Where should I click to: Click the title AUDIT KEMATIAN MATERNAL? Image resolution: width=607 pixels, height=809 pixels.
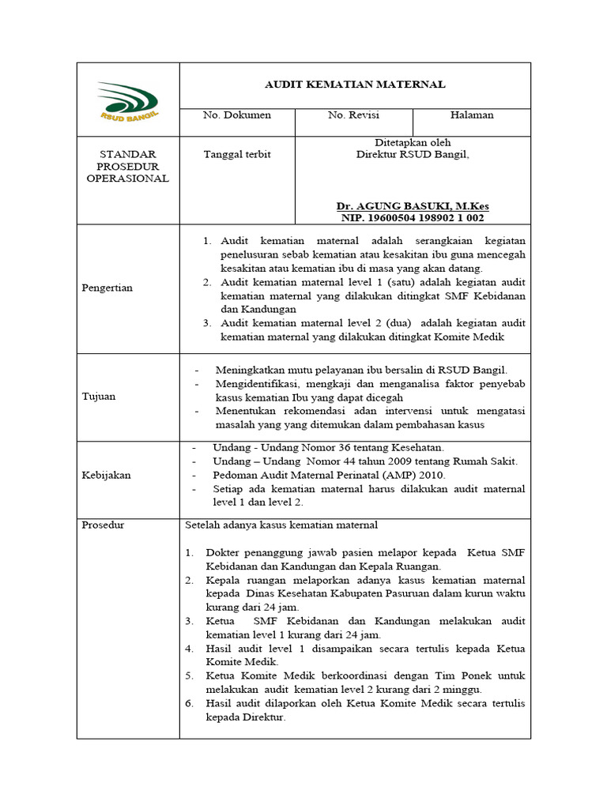[355, 84]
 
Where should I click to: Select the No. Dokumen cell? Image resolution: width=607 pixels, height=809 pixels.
[237, 115]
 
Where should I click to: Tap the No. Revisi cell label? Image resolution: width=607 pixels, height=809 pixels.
[353, 115]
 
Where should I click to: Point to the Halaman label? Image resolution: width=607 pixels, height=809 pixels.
[472, 115]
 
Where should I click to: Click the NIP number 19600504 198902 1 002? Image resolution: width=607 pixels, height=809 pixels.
[412, 217]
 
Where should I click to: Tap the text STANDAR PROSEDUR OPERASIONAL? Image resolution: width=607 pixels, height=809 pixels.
[127, 166]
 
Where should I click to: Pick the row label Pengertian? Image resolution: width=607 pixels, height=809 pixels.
[107, 288]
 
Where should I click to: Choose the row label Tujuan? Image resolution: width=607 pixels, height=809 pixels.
[99, 397]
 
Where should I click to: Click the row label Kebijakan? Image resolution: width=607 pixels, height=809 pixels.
[107, 475]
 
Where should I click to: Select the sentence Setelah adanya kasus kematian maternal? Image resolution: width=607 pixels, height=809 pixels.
[281, 525]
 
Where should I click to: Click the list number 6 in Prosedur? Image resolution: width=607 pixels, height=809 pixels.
[190, 703]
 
